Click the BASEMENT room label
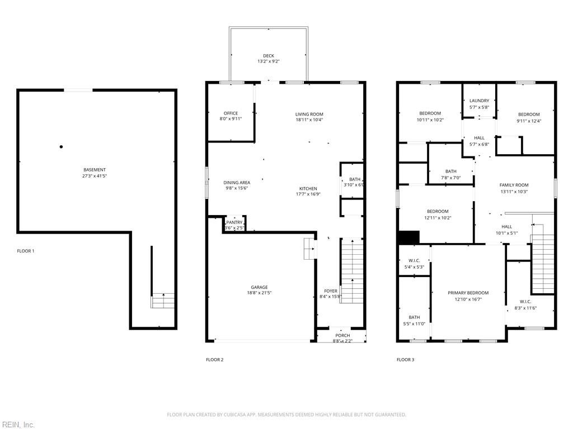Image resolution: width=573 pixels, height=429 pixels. (95, 170)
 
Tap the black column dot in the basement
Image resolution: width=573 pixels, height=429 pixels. (62, 147)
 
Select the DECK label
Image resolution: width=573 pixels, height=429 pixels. (269, 56)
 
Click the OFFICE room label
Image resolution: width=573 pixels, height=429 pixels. (231, 113)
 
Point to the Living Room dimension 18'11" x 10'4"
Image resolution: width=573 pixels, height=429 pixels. (309, 120)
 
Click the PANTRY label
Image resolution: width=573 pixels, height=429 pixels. (234, 222)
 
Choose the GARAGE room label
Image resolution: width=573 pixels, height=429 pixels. (259, 287)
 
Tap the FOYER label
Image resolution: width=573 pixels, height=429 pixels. (331, 291)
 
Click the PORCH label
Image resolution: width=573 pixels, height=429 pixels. (342, 335)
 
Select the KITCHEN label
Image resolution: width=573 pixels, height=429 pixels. (308, 189)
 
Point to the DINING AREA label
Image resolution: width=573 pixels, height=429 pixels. (237, 183)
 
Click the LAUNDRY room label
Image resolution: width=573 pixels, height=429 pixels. (479, 101)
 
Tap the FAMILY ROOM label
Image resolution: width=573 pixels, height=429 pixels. (514, 185)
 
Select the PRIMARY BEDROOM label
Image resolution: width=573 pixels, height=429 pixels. (468, 293)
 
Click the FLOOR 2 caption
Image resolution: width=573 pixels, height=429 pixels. (214, 360)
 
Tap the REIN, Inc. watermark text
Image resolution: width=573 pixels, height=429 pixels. (18, 425)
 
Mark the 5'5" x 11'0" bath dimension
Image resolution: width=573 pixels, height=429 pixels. (414, 323)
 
